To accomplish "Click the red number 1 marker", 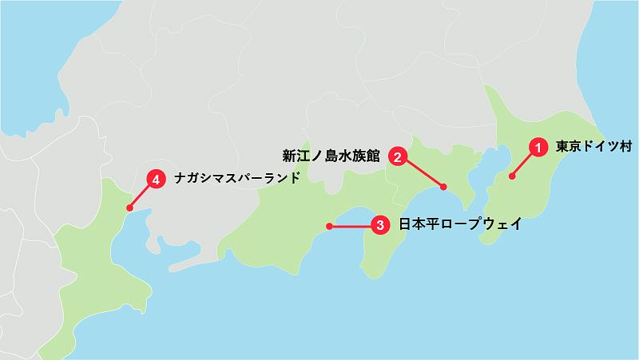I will point(539,147).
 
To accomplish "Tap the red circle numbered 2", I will point(398,156).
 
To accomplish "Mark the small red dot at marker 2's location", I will point(444,188).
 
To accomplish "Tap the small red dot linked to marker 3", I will point(328,227).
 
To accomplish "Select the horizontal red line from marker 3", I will point(351,227).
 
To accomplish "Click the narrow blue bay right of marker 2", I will point(479,177).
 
